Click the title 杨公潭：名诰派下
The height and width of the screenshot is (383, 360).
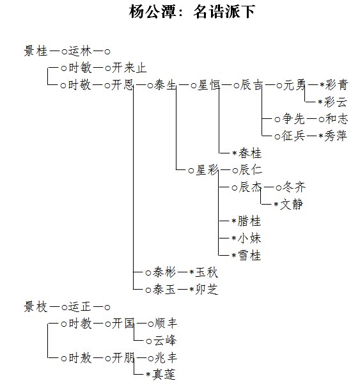tap(192, 12)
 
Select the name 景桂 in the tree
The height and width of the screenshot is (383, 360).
tap(36, 51)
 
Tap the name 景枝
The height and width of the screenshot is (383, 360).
tap(36, 307)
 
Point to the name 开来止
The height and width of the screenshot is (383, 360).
tap(129, 68)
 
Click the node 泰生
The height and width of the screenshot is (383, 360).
tap(165, 85)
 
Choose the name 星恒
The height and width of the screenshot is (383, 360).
tap(208, 85)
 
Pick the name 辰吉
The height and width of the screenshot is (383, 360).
tap(251, 85)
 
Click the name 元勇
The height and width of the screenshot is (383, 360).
tap(294, 85)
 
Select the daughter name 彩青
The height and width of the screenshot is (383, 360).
tap(336, 85)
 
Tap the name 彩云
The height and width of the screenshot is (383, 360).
tap(335, 102)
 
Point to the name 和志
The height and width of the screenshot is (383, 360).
tap(336, 119)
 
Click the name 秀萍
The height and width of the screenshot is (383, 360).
tap(335, 136)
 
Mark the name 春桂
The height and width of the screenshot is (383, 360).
tap(249, 153)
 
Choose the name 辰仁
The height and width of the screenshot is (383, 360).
tap(251, 170)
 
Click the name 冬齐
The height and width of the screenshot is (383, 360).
tap(294, 187)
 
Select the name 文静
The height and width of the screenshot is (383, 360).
tap(292, 204)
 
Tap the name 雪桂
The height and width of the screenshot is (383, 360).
tap(249, 255)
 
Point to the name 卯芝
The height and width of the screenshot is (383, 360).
tap(207, 290)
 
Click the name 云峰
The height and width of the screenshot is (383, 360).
tap(164, 341)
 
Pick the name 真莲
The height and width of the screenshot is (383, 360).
tap(164, 375)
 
